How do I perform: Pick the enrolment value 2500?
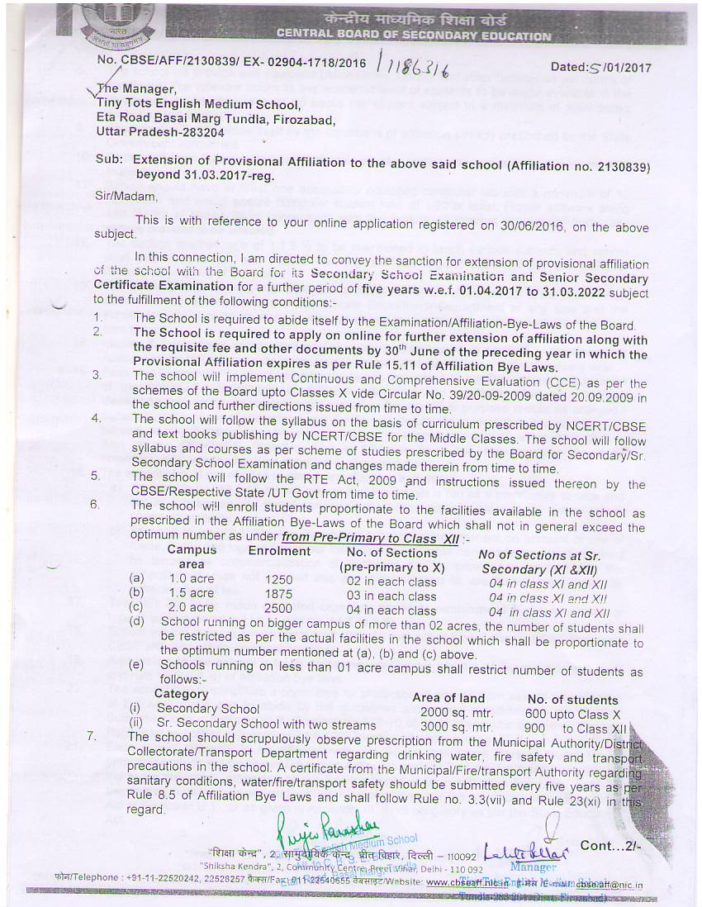click(279, 610)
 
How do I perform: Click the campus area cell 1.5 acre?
click(191, 595)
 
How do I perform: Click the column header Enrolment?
click(279, 551)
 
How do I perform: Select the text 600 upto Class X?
click(572, 714)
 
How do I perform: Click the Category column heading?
click(181, 694)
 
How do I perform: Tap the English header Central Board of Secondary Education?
click(413, 36)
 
